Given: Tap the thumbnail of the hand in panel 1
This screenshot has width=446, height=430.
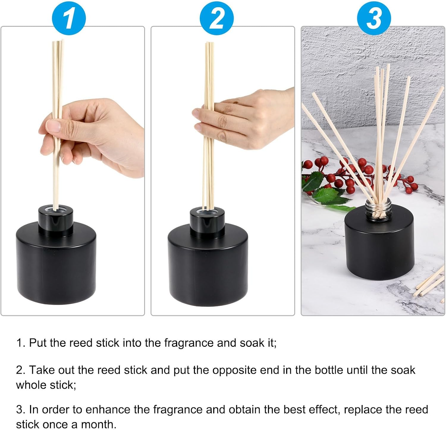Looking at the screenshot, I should pyautogui.click(x=53, y=126).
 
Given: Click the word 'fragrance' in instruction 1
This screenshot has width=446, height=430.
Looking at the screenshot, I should pyautogui.click(x=189, y=343).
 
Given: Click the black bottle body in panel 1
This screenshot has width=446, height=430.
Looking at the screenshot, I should pyautogui.click(x=56, y=264).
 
